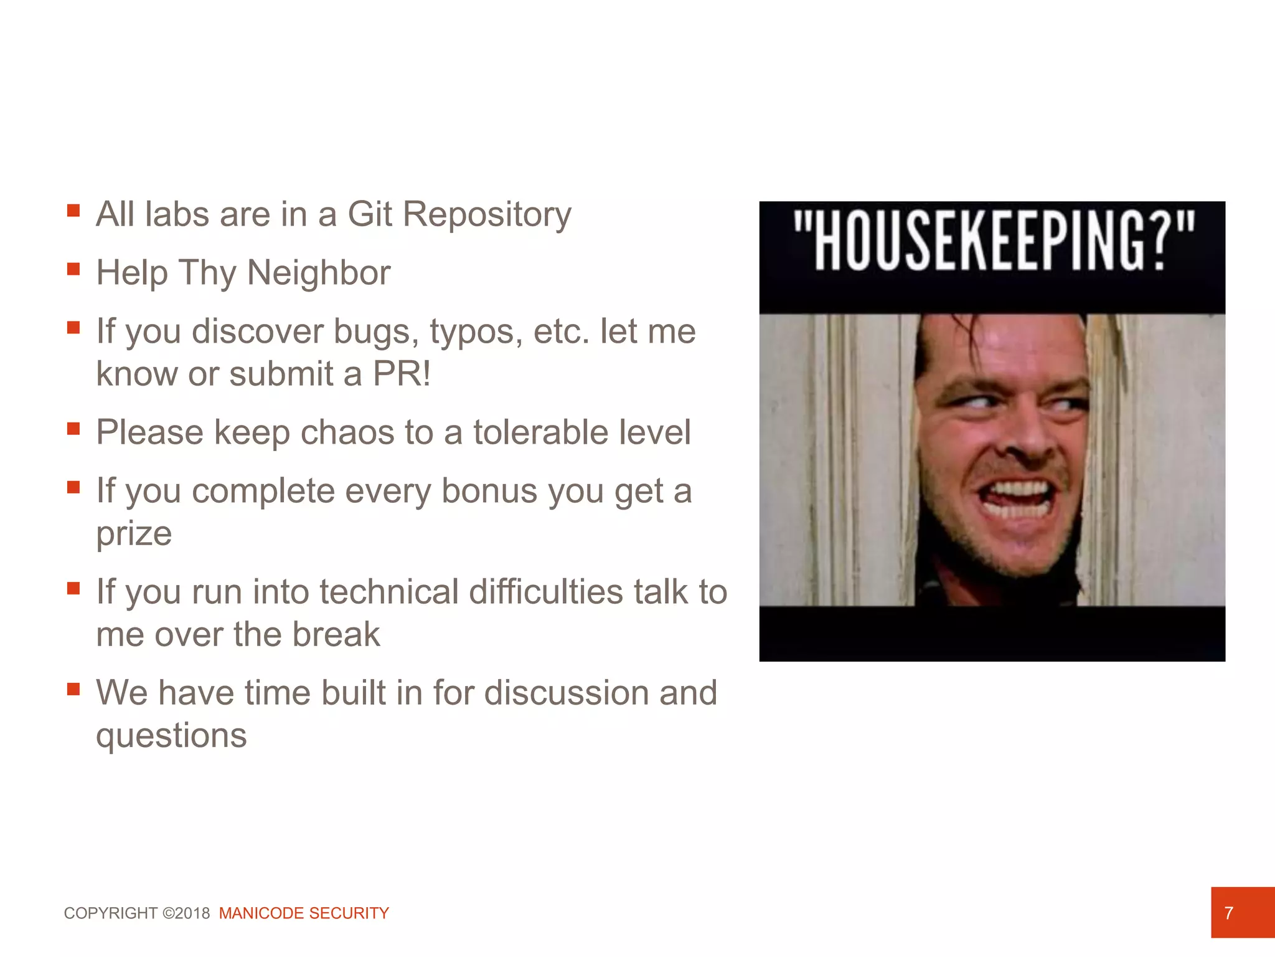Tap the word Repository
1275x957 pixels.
click(x=487, y=216)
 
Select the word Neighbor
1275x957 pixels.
click(x=319, y=273)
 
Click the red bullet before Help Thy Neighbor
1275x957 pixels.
click(x=73, y=269)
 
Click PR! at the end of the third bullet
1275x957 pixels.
click(x=402, y=374)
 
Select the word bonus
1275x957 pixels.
click(x=489, y=491)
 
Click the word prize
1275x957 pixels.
click(x=134, y=534)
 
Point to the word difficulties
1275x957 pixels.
click(x=545, y=592)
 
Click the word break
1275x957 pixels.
click(x=336, y=634)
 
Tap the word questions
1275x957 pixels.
click(x=171, y=736)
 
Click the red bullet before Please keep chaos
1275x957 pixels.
click(x=73, y=429)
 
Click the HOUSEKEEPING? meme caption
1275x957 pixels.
click(x=992, y=240)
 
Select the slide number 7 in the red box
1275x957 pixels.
click(x=1229, y=913)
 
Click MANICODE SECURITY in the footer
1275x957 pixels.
click(x=304, y=913)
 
